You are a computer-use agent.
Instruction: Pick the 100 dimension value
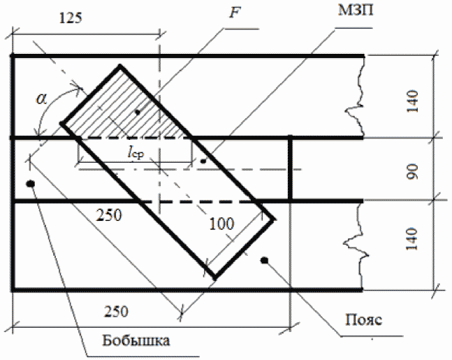click(x=223, y=222)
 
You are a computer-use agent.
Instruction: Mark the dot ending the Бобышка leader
click(x=31, y=184)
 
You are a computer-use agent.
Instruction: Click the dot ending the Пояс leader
click(x=264, y=260)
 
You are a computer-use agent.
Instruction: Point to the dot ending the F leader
click(x=138, y=111)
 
